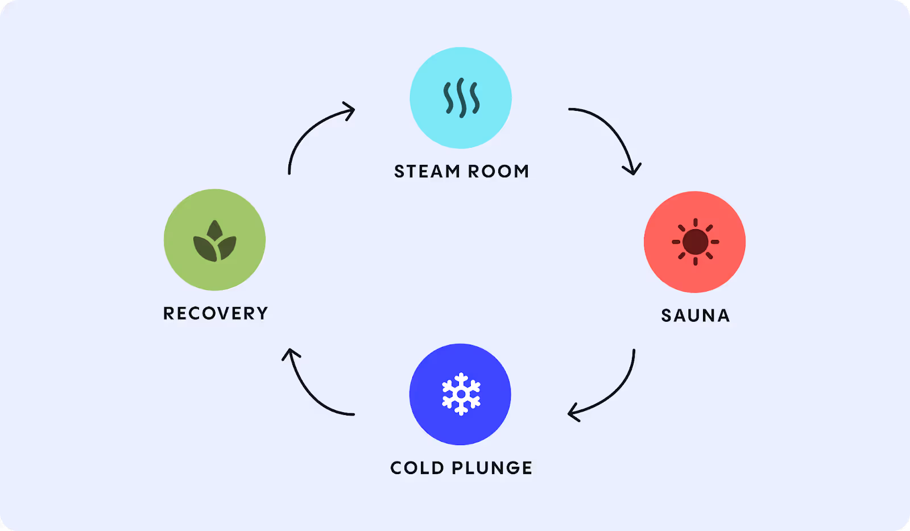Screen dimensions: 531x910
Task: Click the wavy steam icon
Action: (x=461, y=98)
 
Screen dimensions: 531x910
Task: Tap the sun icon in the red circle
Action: (x=695, y=242)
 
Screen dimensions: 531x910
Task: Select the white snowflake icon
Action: (x=461, y=394)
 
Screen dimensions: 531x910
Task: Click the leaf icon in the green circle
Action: (x=214, y=242)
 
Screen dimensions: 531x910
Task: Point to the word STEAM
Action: (x=427, y=171)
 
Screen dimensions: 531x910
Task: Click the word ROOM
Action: (x=499, y=171)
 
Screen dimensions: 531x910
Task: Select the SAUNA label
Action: (x=695, y=316)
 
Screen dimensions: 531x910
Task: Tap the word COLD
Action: (x=417, y=468)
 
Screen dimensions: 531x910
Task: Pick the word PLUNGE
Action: (x=492, y=468)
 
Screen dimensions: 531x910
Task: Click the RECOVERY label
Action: (x=216, y=313)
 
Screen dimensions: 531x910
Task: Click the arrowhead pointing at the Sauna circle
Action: (x=632, y=169)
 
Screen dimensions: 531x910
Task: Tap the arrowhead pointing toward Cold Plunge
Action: (x=574, y=413)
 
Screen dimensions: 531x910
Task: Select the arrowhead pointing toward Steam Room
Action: (x=349, y=109)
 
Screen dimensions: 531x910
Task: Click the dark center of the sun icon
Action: (x=695, y=242)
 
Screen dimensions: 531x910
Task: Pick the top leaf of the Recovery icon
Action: (x=214, y=230)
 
